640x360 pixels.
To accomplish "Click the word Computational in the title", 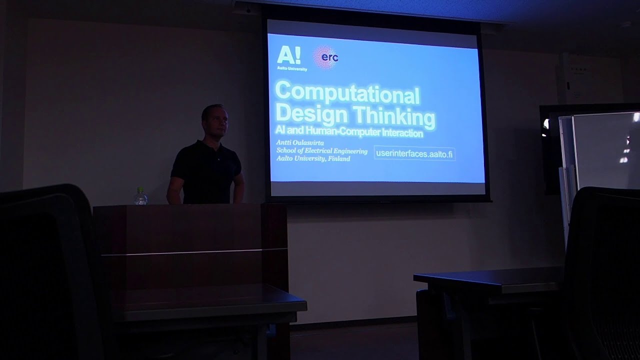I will coord(347,93).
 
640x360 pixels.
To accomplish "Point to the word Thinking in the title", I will coord(394,116).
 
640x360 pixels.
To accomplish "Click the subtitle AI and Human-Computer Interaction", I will coord(349,133).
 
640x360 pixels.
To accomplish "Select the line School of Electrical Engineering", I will coord(322,151).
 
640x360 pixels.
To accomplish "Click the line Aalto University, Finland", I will coord(313,158).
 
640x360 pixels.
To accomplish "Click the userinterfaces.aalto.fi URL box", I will coord(414,154).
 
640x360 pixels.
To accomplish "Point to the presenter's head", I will coord(215,120).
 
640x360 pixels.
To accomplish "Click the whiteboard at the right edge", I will coord(602,150).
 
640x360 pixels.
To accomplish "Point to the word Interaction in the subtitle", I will coord(398,134).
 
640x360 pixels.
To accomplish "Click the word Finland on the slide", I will coord(339,159).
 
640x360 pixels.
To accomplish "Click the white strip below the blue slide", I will coord(377,189).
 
